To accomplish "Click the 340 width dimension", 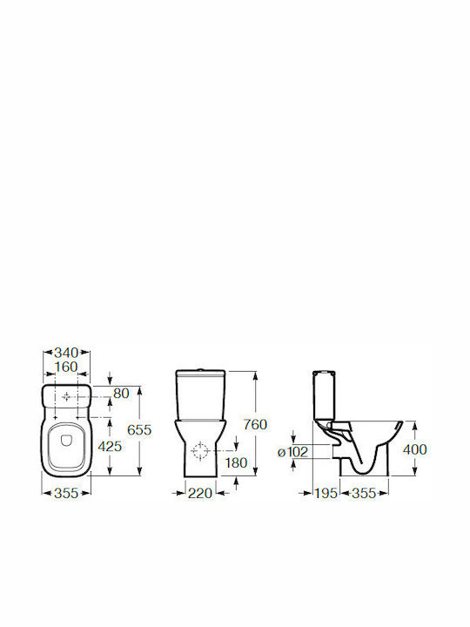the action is [66, 353].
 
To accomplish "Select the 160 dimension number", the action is [66, 367].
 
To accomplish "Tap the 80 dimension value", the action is [121, 394].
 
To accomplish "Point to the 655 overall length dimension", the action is [139, 430].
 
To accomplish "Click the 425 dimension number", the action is [110, 446].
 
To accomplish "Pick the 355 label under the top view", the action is [66, 493].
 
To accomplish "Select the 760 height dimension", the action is [255, 424].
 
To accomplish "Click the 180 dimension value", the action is [236, 462].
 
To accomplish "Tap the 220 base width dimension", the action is [200, 493].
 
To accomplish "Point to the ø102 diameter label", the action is [293, 452].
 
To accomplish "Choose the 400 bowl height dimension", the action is [415, 449].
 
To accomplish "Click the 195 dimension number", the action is [326, 493].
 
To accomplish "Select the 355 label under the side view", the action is [364, 493].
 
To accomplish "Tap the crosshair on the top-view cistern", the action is [66, 396].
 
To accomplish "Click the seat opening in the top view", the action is [66, 446].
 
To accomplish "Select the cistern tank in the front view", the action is [200, 394].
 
